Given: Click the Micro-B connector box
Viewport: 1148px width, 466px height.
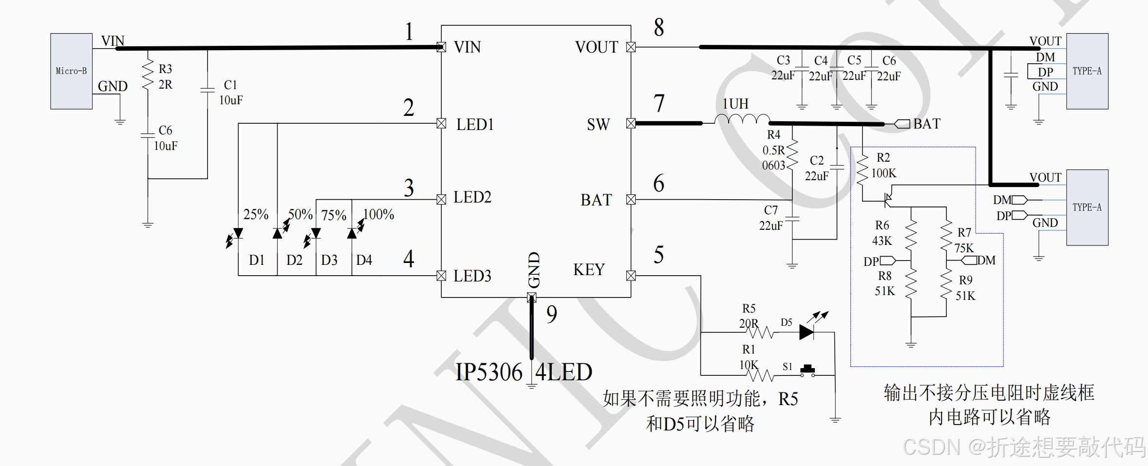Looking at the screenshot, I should [x=71, y=71].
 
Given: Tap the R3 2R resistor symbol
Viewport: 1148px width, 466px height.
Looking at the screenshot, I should [x=148, y=75].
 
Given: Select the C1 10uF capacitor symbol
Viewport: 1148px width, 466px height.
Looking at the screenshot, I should [x=207, y=90].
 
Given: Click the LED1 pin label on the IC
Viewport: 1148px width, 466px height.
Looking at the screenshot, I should [x=475, y=125].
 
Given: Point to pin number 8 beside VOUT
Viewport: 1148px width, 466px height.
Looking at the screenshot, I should [x=659, y=28].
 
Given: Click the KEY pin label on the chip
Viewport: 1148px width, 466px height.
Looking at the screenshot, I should [x=589, y=270].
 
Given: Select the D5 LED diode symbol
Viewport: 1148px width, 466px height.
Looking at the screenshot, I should [x=807, y=332].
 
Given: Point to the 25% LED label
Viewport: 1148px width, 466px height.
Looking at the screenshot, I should [x=256, y=214].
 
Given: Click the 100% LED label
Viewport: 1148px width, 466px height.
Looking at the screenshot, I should [x=379, y=214].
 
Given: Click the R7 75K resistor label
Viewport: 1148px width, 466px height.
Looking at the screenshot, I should [x=964, y=240].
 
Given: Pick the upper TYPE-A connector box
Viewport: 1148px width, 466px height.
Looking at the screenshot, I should [x=1087, y=71].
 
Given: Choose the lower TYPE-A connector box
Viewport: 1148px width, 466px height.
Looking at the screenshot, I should [x=1087, y=207].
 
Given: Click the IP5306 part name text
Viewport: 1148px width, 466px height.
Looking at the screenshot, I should [x=489, y=373].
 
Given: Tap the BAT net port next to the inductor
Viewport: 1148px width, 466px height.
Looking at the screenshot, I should [x=903, y=124].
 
